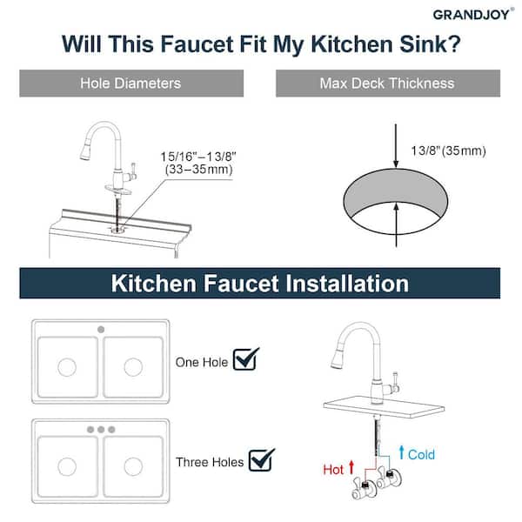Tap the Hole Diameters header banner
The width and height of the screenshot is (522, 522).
pos(131,84)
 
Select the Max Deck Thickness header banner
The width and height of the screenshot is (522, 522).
pos(388,84)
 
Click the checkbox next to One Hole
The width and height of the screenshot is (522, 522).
pos(245,358)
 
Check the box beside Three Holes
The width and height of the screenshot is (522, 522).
pos(262,459)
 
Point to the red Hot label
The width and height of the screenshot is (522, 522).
pos(333,470)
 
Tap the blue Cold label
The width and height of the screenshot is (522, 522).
pos(421,454)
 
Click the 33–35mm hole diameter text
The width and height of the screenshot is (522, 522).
pos(198,169)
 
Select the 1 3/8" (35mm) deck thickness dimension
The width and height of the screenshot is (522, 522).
pos(448,151)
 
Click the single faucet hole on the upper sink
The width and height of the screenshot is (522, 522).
pos(101,330)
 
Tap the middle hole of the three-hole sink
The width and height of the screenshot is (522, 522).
pos(101,430)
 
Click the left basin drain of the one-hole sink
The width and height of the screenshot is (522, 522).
pos(67,367)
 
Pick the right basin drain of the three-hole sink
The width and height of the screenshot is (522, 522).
pos(133,466)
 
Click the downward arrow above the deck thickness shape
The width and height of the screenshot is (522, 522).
pos(396,145)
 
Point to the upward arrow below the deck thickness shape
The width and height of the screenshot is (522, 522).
pos(396,225)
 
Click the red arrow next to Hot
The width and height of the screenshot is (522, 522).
pos(351,467)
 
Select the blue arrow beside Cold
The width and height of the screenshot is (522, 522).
pos(402,452)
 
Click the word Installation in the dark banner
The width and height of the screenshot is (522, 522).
pos(347,284)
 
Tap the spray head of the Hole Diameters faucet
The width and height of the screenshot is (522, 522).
pos(85,151)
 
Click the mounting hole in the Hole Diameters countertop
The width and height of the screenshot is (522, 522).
pos(117,229)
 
